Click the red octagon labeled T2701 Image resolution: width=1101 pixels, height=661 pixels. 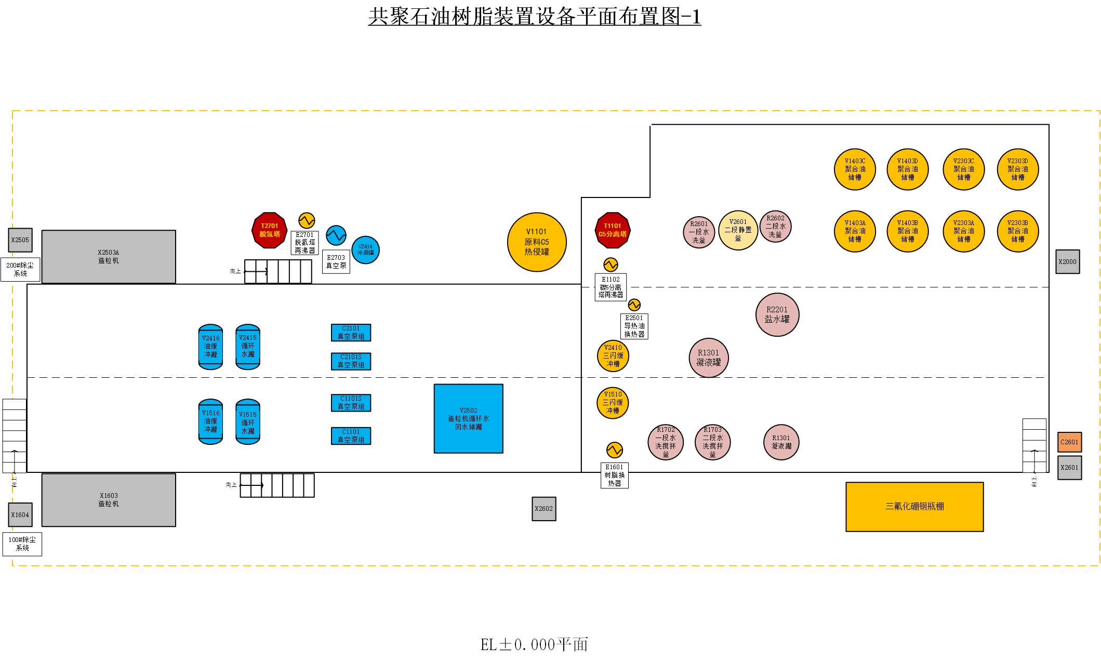pos(269,230)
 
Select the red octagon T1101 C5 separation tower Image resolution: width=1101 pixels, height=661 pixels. pos(613,230)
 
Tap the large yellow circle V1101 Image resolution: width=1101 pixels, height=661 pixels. pos(537,242)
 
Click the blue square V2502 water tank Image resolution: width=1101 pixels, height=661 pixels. pos(468,419)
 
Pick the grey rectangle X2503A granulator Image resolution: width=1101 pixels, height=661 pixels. pos(109,257)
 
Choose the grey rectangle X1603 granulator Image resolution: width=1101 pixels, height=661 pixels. pos(109,500)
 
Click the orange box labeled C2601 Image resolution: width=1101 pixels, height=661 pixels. pos(1069,442)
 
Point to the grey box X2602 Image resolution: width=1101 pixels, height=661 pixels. pos(544,509)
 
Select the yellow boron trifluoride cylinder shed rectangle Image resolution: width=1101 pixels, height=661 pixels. pos(914,507)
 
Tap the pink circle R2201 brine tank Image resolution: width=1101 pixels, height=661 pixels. pos(777,314)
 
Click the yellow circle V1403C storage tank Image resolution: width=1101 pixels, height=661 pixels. pos(855,169)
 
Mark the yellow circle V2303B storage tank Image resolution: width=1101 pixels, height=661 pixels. pos(1017,231)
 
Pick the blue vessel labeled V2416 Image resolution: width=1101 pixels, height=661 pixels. pos(210,347)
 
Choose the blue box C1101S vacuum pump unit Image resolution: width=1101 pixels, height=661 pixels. pos(351,403)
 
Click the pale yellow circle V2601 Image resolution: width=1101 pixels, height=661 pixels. pos(738,230)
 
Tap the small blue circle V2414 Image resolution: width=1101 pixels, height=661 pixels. pos(365,250)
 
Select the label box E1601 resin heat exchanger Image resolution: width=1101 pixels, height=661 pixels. pos(614,475)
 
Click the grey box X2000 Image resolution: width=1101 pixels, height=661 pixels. pos(1068,262)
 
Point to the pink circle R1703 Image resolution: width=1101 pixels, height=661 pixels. pos(712,442)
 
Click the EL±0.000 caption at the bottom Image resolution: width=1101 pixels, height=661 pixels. pos(534,645)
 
